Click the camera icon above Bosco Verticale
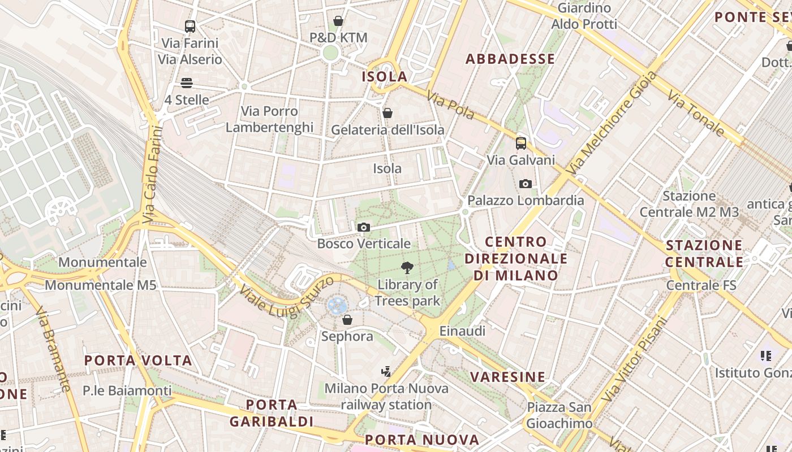(x=364, y=228)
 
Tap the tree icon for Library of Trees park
(x=407, y=268)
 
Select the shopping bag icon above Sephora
(x=347, y=320)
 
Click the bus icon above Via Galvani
(x=521, y=144)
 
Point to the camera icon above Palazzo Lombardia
(x=525, y=184)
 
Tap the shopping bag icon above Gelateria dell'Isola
(x=388, y=113)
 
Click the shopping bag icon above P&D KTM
(x=338, y=21)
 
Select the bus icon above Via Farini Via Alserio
(x=190, y=26)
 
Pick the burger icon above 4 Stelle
(x=187, y=84)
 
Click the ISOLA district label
(x=385, y=76)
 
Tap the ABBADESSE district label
(x=510, y=59)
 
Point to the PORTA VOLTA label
(x=139, y=360)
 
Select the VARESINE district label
(x=508, y=377)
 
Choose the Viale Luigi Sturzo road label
(x=283, y=298)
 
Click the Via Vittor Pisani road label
(x=635, y=359)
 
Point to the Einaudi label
(x=462, y=331)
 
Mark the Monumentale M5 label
(x=100, y=285)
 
